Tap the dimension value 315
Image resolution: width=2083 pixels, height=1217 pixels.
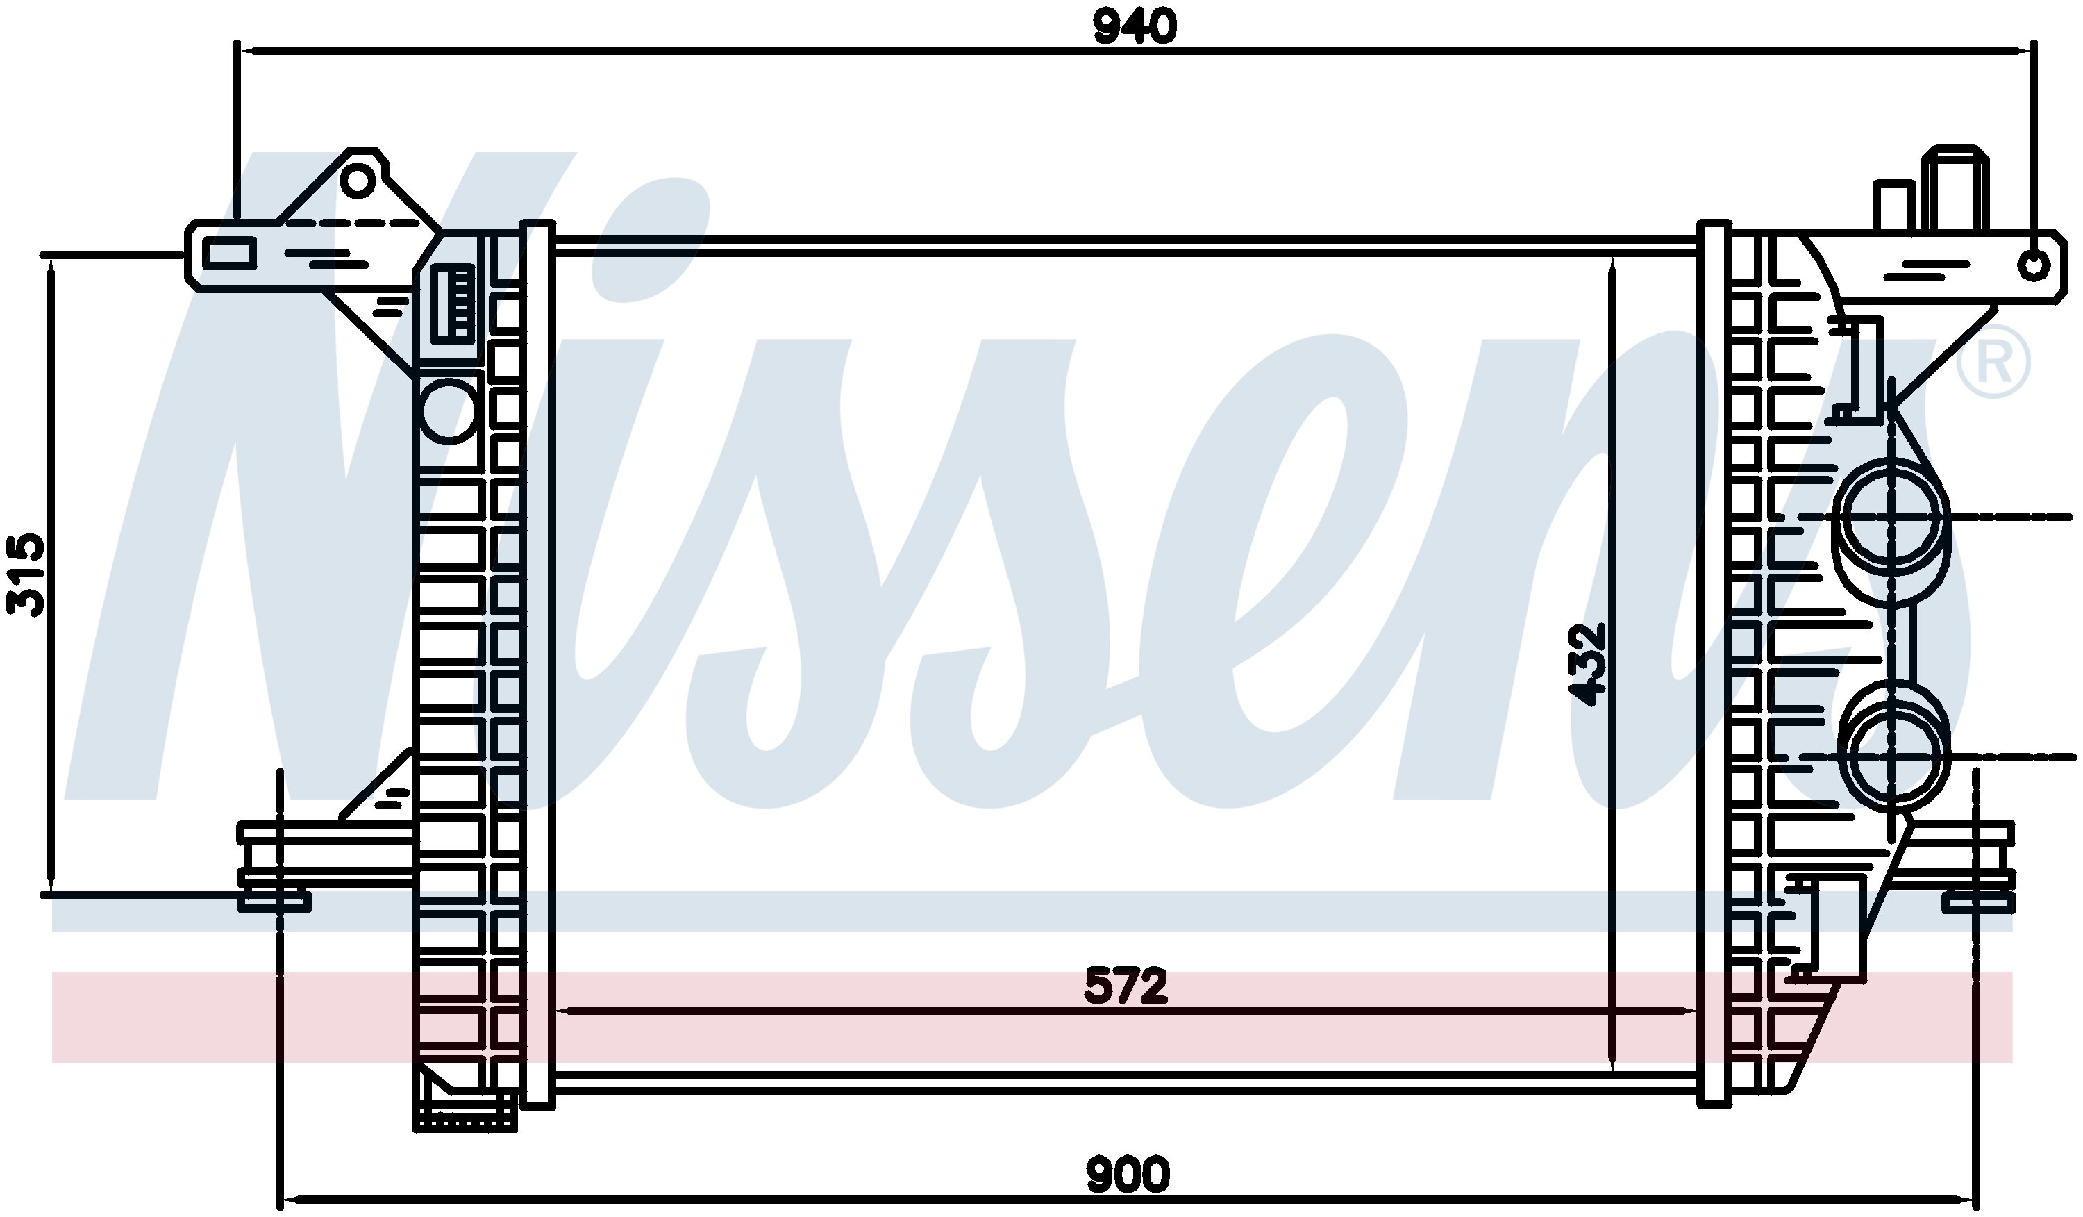pos(26,574)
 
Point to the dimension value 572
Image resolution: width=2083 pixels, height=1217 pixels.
pos(1126,986)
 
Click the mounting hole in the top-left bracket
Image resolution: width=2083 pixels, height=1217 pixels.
pos(358,179)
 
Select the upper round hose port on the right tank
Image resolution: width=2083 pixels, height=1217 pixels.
pos(1891,517)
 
